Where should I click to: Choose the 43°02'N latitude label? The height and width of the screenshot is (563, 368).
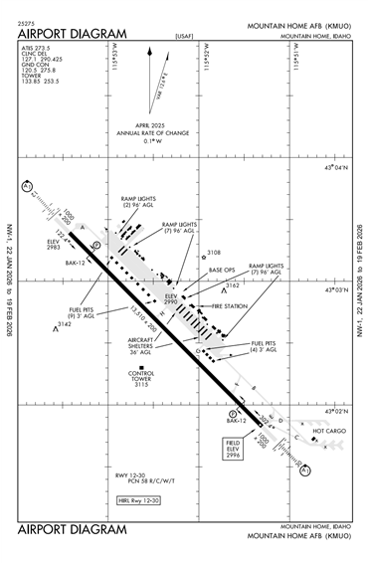333,410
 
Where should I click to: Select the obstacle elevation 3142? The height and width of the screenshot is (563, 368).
63,324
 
